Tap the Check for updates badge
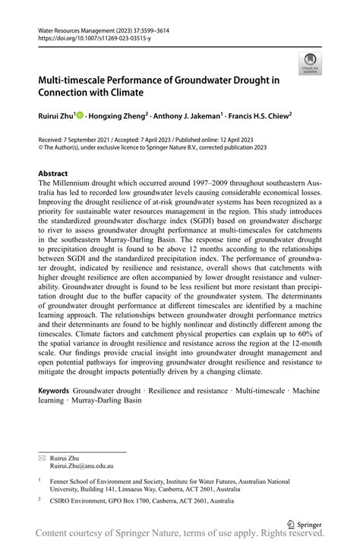point(310,65)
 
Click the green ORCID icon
point(80,115)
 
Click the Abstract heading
point(53,173)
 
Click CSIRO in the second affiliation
point(61,501)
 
